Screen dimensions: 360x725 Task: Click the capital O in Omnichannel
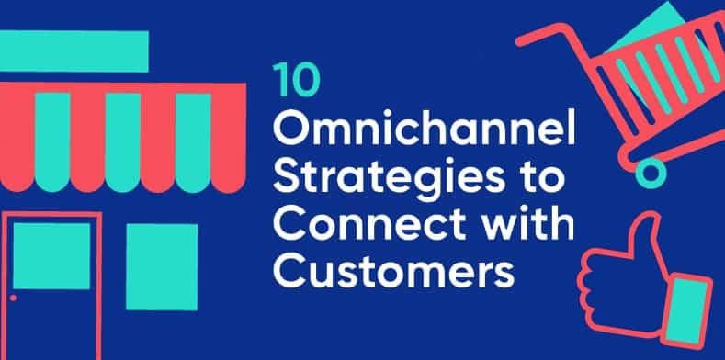coord(291,133)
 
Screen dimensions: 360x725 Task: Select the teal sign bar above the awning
coord(74,50)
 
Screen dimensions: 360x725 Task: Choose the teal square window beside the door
coord(162,265)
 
